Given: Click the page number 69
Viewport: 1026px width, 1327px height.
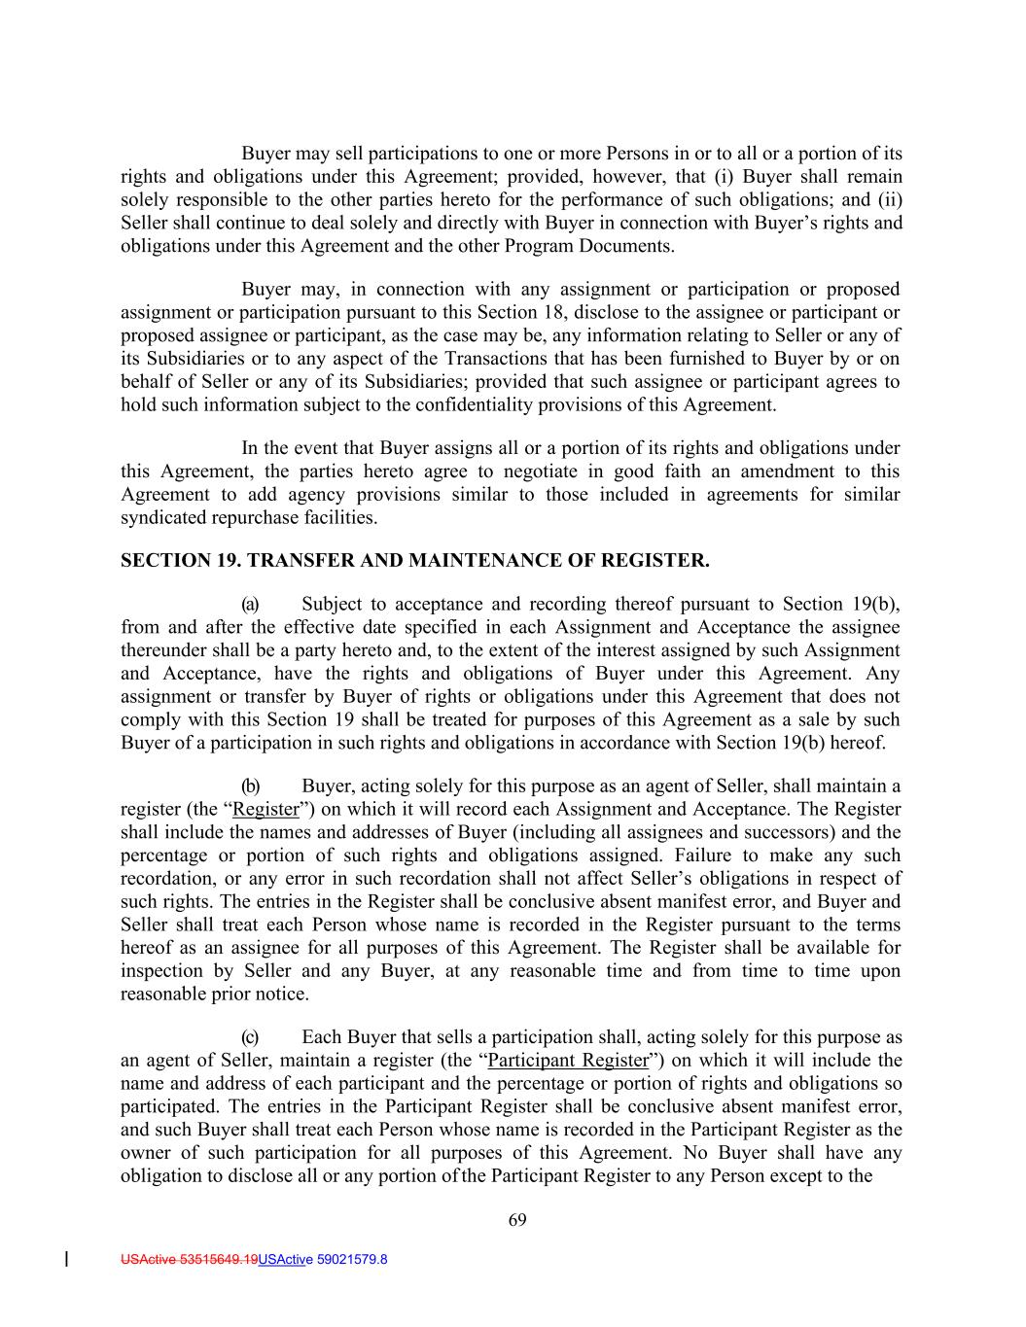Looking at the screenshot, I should point(517,1221).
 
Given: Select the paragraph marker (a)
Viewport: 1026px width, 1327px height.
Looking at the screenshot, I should point(250,604).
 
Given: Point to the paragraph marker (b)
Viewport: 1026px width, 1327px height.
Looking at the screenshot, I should point(250,786).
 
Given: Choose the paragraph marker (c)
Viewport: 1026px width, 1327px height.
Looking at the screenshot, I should point(250,1037).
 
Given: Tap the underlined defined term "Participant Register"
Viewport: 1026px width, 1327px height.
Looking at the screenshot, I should point(568,1061).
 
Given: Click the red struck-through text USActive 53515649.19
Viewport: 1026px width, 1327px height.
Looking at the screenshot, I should point(189,1260).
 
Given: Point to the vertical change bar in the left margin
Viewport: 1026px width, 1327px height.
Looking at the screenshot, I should point(65,1260).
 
